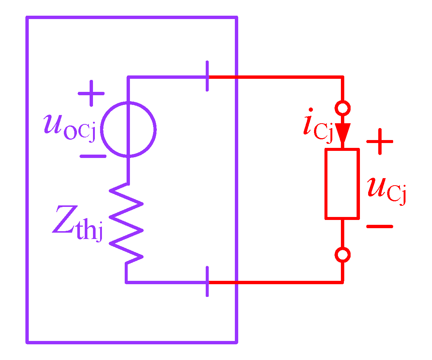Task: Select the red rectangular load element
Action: (342, 183)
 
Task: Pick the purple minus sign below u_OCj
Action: (93, 156)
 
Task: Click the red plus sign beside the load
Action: (380, 142)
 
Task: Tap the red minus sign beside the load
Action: (380, 226)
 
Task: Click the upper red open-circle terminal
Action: (342, 109)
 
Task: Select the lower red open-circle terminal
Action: (342, 255)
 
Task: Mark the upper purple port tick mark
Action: (207, 77)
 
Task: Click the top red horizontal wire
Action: (284, 77)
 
